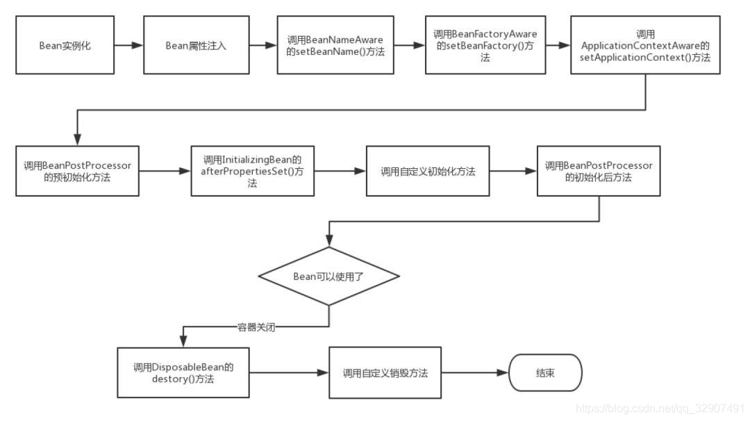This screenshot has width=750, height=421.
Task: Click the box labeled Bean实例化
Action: coord(65,46)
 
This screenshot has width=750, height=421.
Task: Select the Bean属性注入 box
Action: coord(195,46)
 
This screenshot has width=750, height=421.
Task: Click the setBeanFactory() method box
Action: coord(485,46)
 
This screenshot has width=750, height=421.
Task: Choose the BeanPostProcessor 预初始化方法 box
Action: coord(77,171)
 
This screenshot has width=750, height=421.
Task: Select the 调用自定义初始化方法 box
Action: coord(428,171)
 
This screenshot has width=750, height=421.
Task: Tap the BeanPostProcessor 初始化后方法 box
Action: coord(599,171)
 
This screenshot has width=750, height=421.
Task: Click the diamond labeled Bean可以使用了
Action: coord(328,276)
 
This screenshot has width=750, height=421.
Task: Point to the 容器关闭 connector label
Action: coord(256,327)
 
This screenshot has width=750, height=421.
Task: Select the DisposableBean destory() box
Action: coord(183,372)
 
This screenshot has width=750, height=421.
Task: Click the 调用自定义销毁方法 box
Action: coord(385,373)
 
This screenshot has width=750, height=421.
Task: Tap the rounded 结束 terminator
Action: coord(545,373)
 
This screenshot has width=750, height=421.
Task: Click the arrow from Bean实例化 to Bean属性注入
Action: coord(128,46)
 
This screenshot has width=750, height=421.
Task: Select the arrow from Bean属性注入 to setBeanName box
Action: coord(262,46)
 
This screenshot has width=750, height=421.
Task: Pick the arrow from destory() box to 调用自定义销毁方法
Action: coord(289,373)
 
